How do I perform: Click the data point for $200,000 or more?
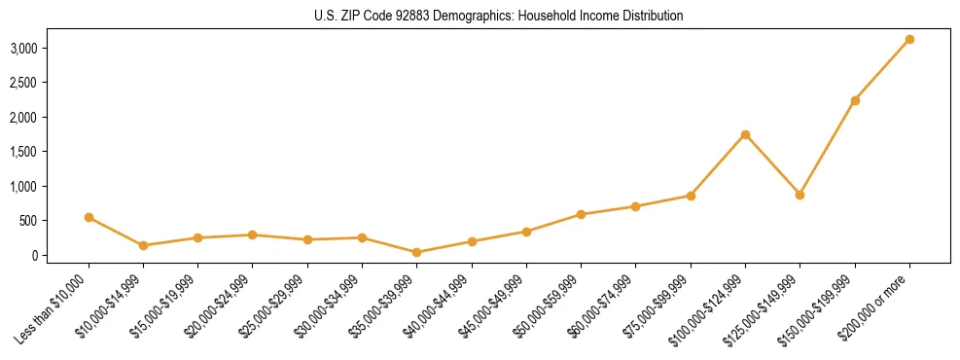tap(909, 39)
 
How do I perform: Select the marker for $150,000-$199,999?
tap(855, 100)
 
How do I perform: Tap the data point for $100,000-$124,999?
tap(745, 134)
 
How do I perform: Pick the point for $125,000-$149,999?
tap(800, 195)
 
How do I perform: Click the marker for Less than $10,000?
tap(89, 217)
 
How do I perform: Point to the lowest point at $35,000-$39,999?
tap(416, 252)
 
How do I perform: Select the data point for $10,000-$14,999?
tap(143, 245)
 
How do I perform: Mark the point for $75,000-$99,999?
tap(691, 196)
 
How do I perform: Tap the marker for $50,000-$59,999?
tap(581, 214)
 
